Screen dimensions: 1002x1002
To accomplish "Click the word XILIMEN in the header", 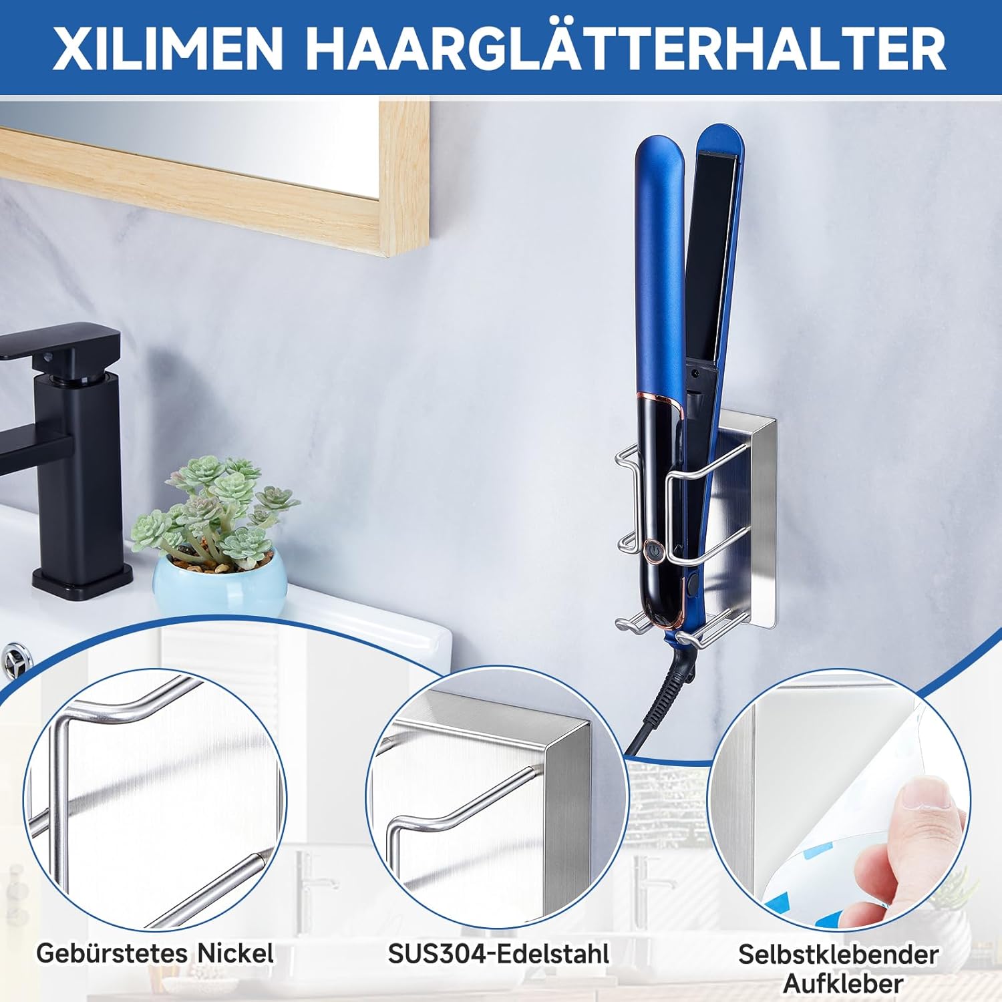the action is coord(168,48).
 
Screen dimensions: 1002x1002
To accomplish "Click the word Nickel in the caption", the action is coord(235,953).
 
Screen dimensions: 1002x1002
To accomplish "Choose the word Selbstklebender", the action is coord(838,954).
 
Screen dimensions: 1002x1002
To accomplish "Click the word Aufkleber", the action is coord(843,983).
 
